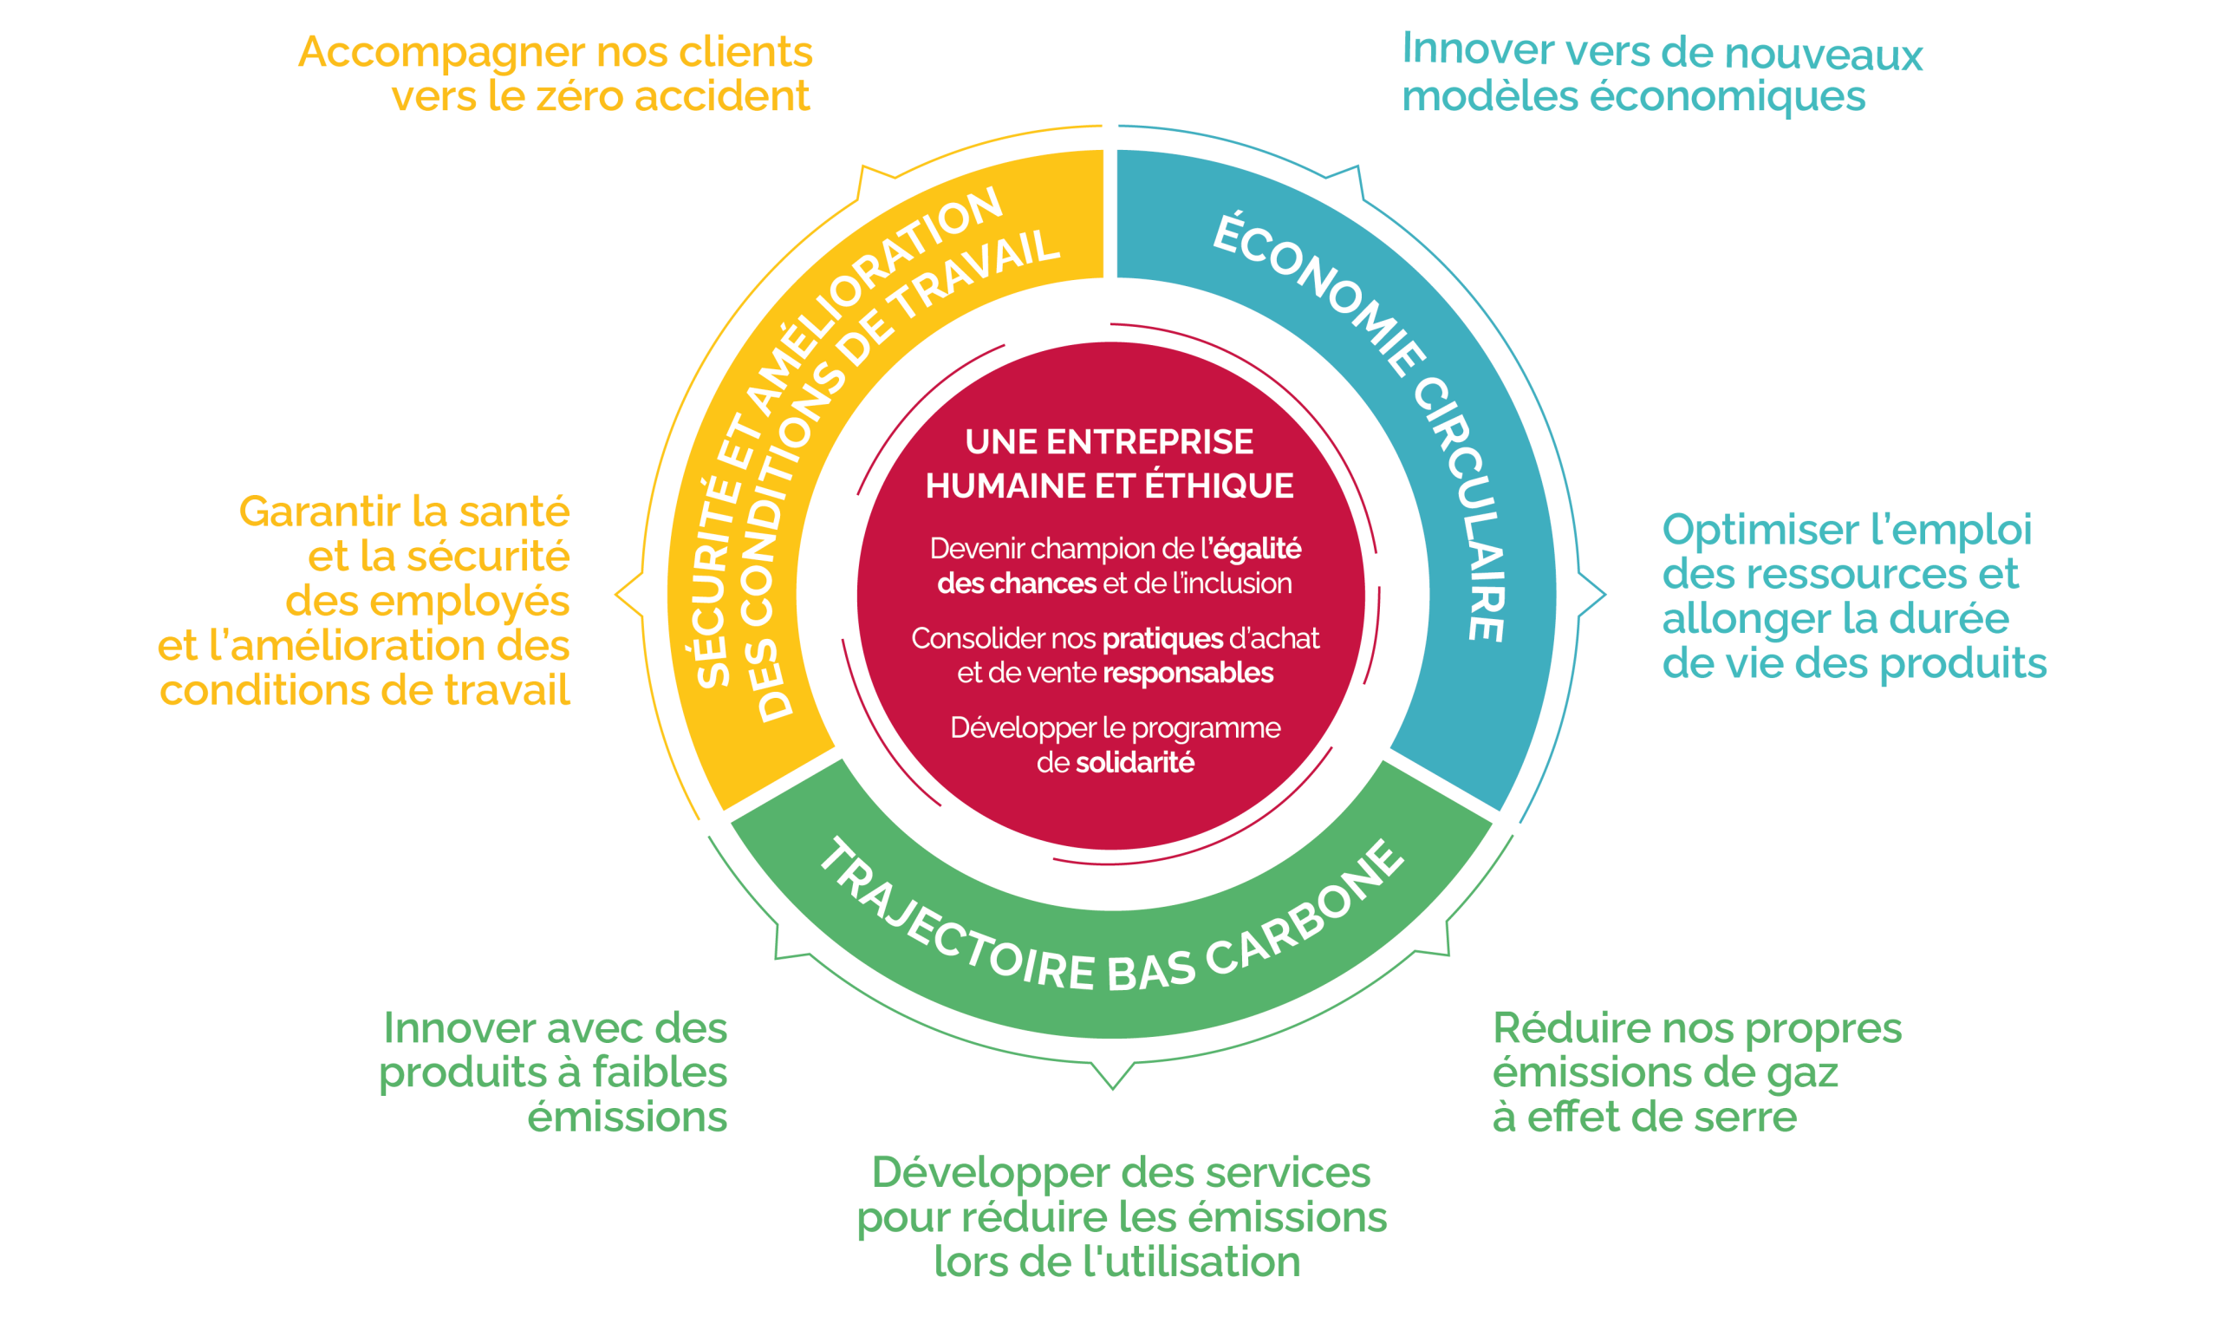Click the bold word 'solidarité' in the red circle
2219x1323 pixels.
coord(1135,763)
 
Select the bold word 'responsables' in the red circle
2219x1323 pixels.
coord(1189,673)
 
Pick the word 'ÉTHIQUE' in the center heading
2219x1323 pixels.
coord(1219,486)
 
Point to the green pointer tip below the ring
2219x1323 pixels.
coord(1112,1087)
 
